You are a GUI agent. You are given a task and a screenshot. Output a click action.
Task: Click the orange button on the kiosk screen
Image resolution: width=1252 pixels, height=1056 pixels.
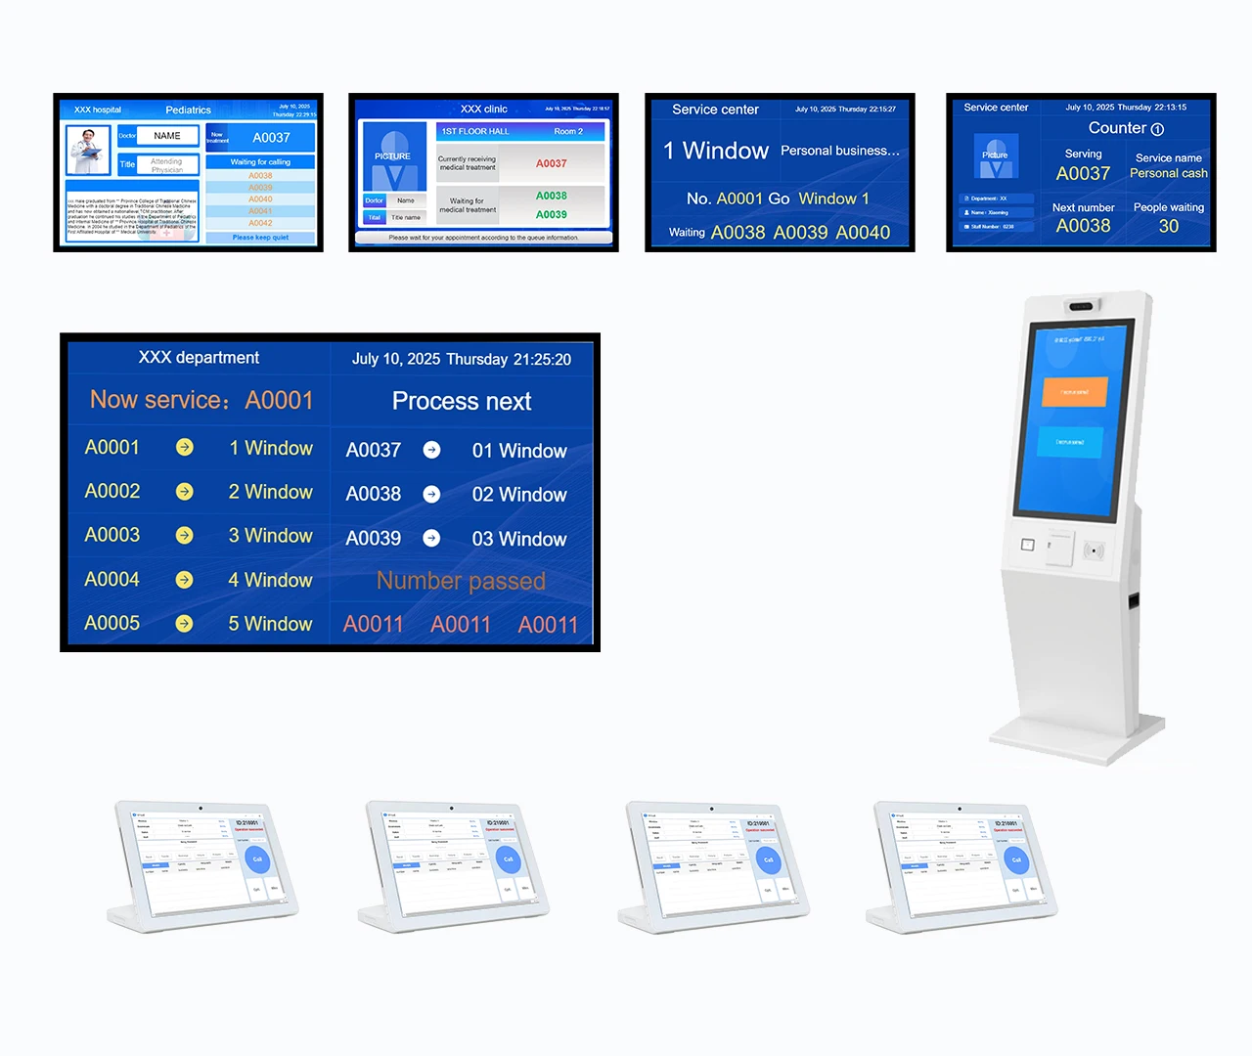click(x=1074, y=391)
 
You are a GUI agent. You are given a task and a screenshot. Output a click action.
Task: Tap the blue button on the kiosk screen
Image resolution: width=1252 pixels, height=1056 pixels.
click(x=1070, y=441)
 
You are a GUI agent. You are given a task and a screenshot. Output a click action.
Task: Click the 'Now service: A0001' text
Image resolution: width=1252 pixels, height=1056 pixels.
click(x=201, y=400)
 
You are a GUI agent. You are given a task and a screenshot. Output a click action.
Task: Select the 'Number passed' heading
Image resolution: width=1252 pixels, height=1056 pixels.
click(x=461, y=581)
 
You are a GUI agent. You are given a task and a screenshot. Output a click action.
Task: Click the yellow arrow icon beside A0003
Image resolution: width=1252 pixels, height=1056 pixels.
click(x=184, y=536)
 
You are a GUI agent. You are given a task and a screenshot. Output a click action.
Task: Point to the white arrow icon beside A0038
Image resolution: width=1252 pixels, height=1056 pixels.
click(x=431, y=495)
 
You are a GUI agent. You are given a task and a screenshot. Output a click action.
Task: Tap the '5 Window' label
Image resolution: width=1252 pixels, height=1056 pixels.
click(x=270, y=624)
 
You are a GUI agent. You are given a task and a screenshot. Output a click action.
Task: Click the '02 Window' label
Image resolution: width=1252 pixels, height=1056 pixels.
click(x=518, y=495)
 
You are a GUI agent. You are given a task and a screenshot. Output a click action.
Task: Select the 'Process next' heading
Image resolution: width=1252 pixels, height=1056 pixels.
click(x=461, y=401)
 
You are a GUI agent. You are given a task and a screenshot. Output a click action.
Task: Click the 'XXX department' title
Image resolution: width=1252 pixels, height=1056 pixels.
click(x=199, y=358)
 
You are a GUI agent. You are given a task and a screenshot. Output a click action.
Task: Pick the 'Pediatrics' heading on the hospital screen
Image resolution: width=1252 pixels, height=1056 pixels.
click(x=188, y=110)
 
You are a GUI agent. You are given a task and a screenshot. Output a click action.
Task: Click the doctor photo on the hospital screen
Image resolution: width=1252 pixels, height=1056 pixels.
click(x=88, y=150)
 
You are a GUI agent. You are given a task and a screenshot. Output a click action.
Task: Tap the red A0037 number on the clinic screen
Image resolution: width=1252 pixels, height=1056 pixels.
click(x=551, y=163)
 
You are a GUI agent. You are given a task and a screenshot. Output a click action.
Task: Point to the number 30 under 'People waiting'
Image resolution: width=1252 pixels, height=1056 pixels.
click(x=1168, y=226)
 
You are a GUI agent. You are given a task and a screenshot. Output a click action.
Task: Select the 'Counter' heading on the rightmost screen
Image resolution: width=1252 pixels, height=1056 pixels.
click(x=1125, y=128)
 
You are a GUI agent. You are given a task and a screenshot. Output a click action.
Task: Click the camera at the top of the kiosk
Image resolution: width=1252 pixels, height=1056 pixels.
click(x=1081, y=307)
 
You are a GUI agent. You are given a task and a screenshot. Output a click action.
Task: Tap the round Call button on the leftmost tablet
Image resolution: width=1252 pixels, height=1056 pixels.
click(x=257, y=859)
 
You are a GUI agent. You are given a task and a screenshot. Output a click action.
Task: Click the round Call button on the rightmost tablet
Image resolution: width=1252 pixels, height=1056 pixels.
click(x=1016, y=859)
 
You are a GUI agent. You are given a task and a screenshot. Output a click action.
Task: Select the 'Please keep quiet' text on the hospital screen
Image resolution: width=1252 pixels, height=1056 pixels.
click(x=260, y=238)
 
